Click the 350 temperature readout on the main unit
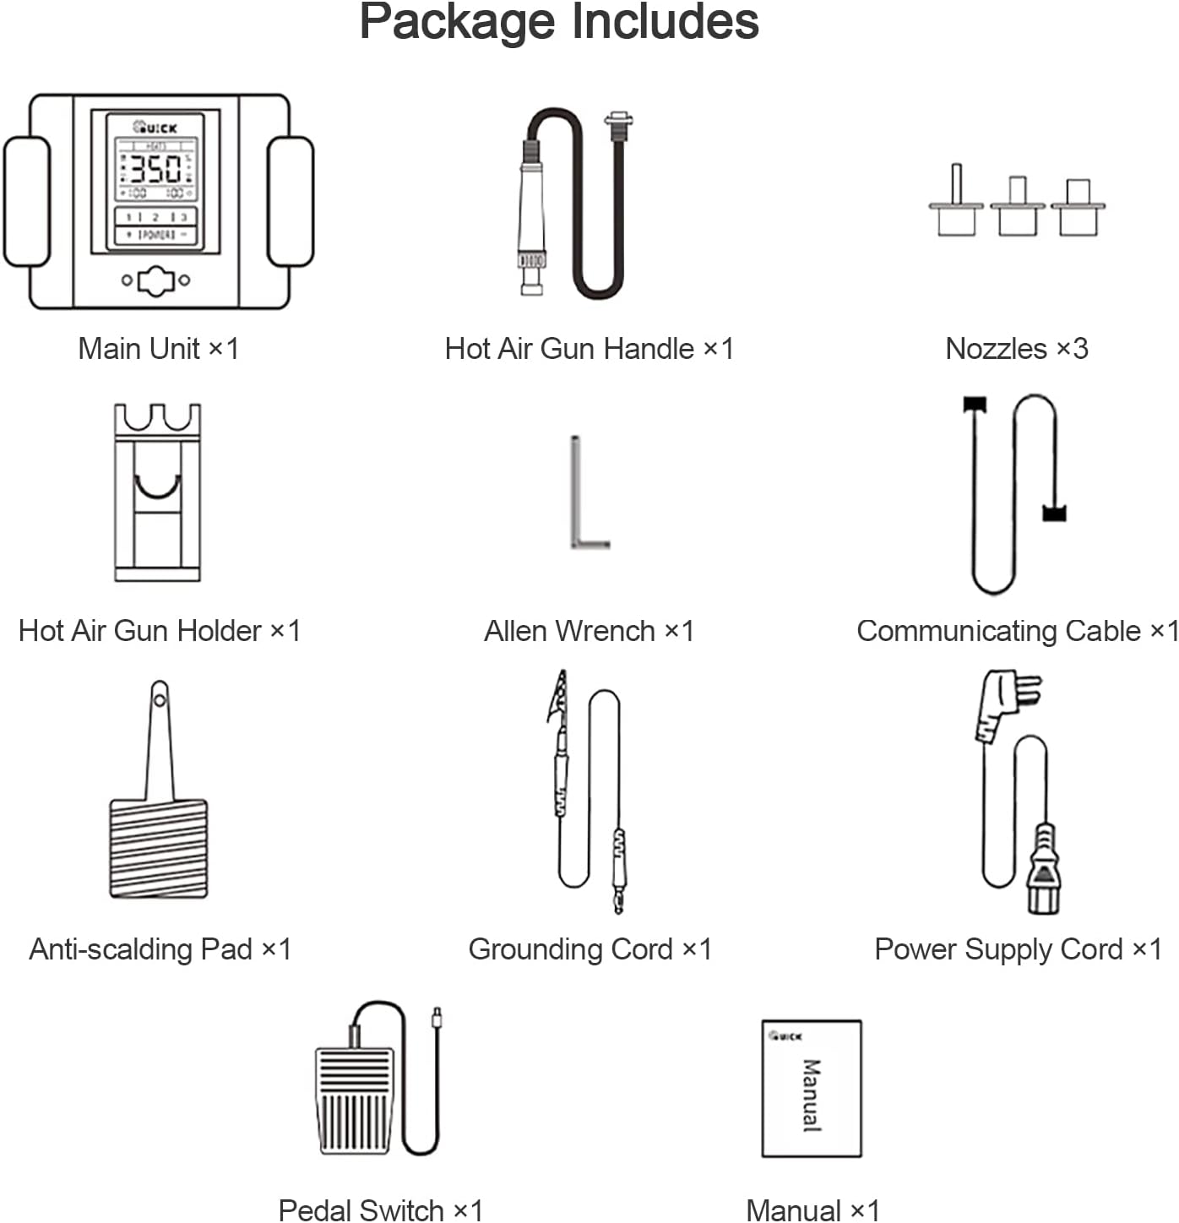155,169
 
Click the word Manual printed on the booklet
811,1095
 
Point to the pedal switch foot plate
355,1100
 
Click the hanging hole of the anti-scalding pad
160,699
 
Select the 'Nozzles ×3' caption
1016,348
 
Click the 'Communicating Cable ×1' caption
1016,631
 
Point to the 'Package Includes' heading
559,22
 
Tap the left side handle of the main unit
26,201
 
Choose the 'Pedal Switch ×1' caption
380,1209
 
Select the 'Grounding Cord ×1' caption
589,949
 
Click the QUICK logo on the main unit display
155,128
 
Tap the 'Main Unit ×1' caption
158,348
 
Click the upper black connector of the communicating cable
975,405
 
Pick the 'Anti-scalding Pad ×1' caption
160,949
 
